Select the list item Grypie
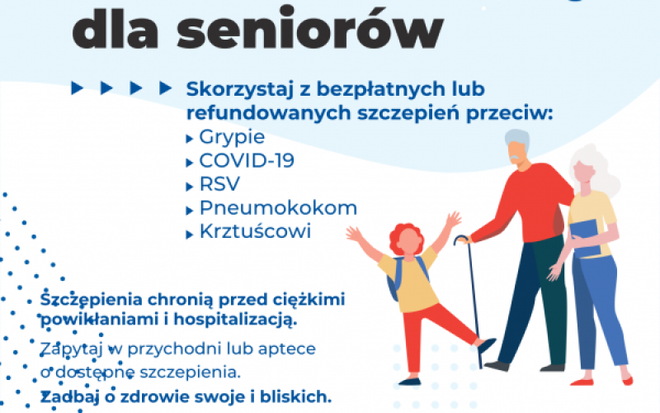[232, 137]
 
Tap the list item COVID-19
[247, 160]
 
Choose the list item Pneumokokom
[278, 207]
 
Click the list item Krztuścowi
[256, 231]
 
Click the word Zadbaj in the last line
[68, 396]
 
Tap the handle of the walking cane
[461, 240]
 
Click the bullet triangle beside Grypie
[191, 139]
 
